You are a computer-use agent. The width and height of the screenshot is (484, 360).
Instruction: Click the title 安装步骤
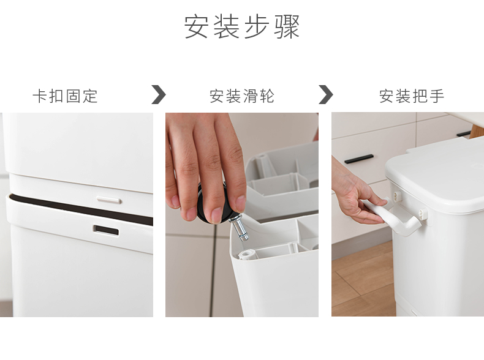pos(241,26)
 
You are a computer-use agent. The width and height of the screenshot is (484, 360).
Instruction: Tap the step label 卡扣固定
pos(65,96)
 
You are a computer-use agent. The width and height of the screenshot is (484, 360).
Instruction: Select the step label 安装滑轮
pos(241,96)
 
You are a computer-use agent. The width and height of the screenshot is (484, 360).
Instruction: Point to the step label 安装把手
pos(412,96)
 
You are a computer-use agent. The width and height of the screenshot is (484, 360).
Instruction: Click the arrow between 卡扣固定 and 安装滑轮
pos(159,94)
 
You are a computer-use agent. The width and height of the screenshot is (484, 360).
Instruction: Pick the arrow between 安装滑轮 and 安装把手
pos(326,94)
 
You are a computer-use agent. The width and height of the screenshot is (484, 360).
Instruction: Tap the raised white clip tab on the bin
pos(108,200)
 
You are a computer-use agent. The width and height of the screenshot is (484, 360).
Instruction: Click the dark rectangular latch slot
pos(106,230)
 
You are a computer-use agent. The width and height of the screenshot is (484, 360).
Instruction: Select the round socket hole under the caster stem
pos(246,255)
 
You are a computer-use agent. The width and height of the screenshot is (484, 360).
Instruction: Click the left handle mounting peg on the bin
pos(397,195)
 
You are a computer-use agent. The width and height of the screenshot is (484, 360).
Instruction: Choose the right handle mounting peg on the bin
pos(423,214)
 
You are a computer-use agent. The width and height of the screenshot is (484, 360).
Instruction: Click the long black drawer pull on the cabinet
pos(358,159)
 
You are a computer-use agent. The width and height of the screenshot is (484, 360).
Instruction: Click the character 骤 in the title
pos(287,27)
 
